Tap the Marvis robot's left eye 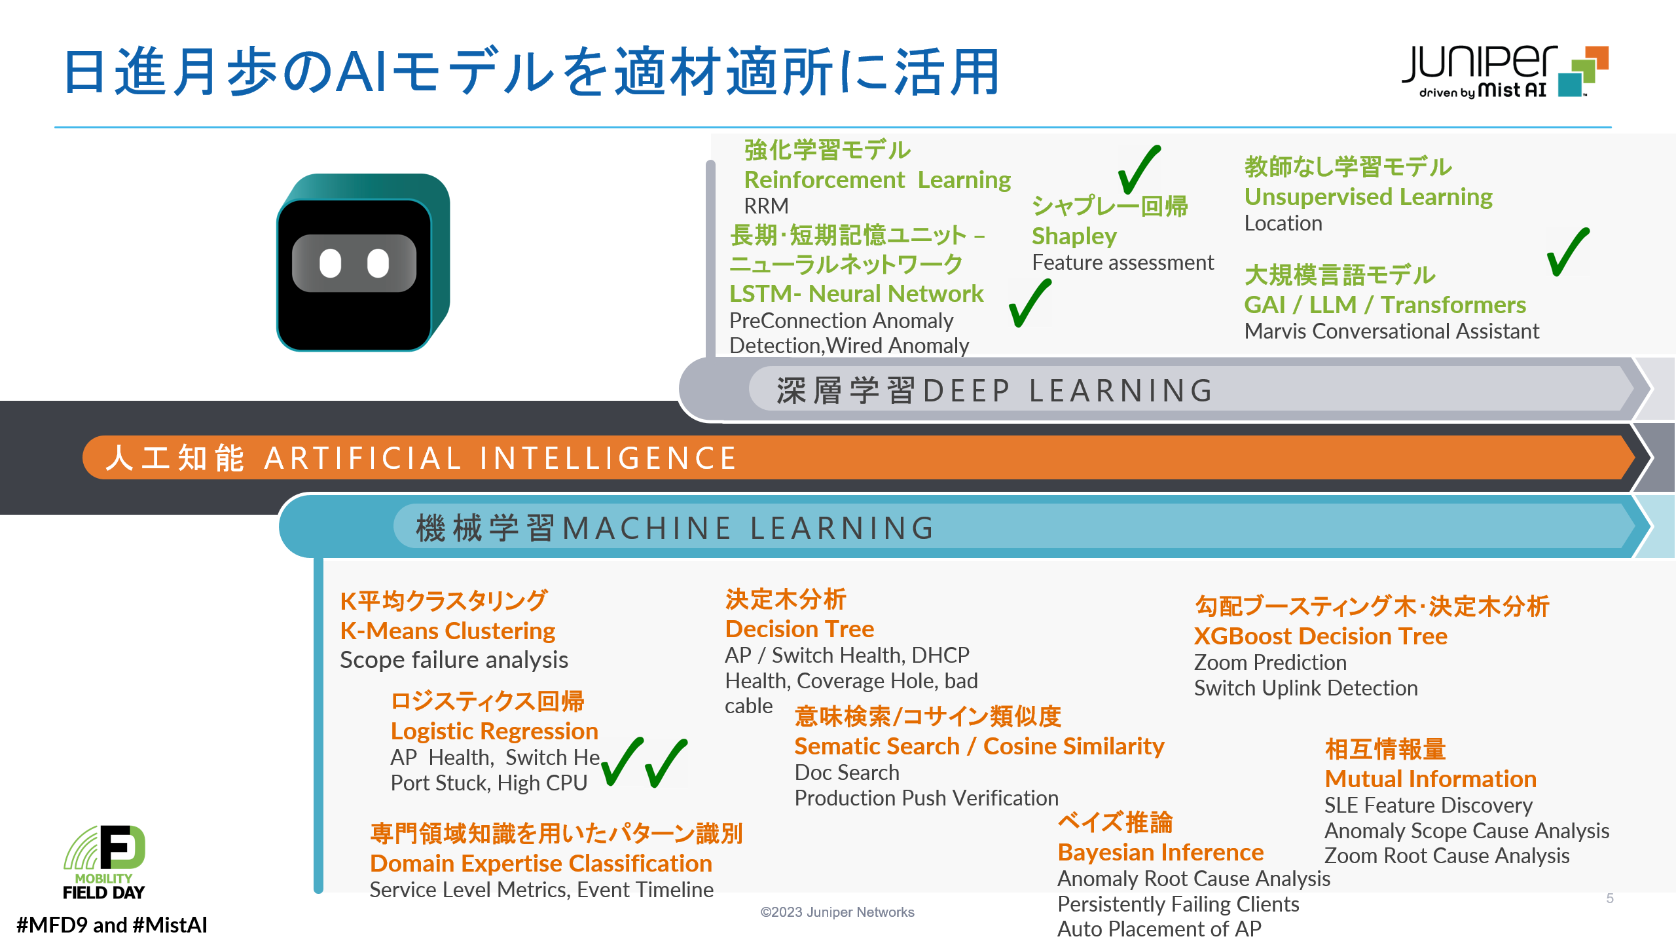(x=330, y=263)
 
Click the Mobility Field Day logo (x=104, y=862)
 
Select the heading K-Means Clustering (x=447, y=631)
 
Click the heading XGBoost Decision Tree (x=1321, y=636)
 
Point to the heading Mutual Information (x=1430, y=779)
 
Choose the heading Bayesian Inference (x=1161, y=852)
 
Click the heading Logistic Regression (x=494, y=731)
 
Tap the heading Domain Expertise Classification (x=541, y=863)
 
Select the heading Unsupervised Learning (x=1368, y=196)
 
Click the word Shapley (x=1074, y=236)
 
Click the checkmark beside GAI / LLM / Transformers (x=1568, y=251)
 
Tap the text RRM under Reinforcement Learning (x=766, y=206)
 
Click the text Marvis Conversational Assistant (x=1391, y=331)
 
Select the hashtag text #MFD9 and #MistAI (x=111, y=925)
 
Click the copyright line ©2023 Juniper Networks (x=837, y=912)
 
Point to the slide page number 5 (x=1610, y=898)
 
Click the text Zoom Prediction (x=1270, y=663)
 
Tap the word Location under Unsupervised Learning (x=1283, y=223)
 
